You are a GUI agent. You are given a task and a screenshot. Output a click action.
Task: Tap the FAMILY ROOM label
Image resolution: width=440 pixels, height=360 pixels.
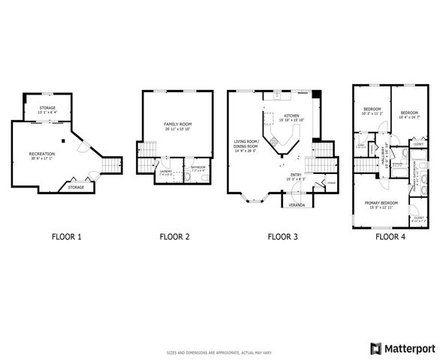tap(178, 123)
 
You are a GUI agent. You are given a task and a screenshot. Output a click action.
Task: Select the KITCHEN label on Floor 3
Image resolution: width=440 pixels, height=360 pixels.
tap(291, 115)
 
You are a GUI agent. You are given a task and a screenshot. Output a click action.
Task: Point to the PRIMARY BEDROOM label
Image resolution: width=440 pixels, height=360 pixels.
tap(381, 203)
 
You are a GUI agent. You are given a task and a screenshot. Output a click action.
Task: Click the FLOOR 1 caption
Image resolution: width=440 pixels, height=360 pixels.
tap(66, 237)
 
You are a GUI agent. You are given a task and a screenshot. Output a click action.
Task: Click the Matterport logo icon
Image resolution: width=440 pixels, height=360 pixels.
tap(375, 348)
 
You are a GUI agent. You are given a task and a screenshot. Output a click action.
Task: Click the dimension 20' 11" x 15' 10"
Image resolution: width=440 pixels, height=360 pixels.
tap(178, 128)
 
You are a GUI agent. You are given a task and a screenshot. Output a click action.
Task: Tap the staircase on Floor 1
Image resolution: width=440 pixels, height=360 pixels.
tap(111, 164)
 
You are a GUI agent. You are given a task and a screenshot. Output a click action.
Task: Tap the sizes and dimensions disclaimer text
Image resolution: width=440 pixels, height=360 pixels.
tap(219, 351)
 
